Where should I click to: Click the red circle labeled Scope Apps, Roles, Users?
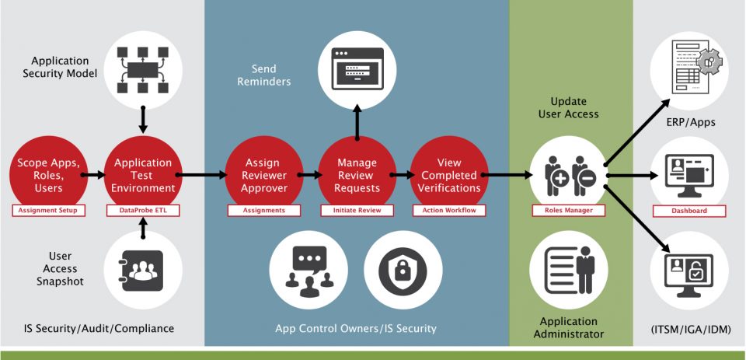[48, 175]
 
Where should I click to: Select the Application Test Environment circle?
[143, 175]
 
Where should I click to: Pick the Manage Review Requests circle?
[357, 175]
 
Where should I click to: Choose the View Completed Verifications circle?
[449, 175]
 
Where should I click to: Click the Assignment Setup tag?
[48, 211]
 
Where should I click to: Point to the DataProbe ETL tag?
[143, 211]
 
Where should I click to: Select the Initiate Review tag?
[357, 211]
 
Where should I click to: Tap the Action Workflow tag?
[449, 211]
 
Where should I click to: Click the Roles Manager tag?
[568, 211]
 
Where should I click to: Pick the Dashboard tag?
[689, 211]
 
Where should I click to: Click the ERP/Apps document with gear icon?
[689, 68]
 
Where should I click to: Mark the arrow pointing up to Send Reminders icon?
[357, 121]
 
